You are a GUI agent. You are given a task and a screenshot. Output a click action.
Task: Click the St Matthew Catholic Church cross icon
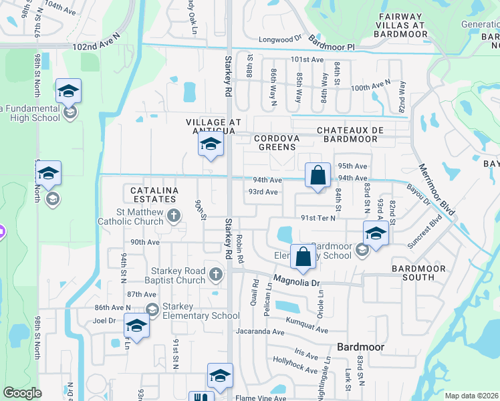pyautogui.click(x=174, y=215)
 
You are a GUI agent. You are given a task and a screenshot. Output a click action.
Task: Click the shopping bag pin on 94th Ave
pyautogui.click(x=318, y=176)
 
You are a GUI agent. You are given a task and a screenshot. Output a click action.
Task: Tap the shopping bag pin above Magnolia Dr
pyautogui.click(x=303, y=257)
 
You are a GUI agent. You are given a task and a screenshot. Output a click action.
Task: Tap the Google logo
pyautogui.click(x=23, y=394)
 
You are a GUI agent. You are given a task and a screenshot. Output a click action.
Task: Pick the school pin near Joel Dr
pyautogui.click(x=136, y=326)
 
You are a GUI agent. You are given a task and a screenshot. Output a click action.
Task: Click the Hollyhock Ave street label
pyautogui.click(x=295, y=365)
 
